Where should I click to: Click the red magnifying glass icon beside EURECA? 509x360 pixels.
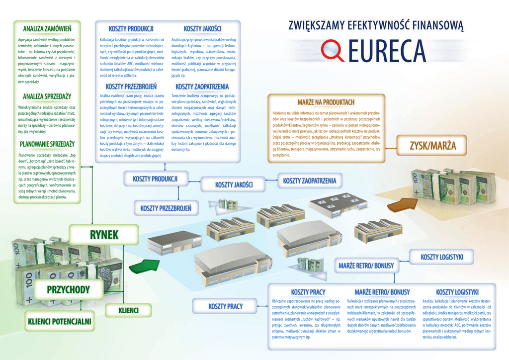click(332, 50)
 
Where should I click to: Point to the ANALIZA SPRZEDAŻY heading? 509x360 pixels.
click(47, 96)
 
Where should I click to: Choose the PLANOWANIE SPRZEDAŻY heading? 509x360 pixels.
click(47, 144)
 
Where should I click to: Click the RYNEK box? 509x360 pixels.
click(104, 234)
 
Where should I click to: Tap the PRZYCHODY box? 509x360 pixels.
click(68, 289)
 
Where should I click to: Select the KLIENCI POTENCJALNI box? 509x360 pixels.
click(60, 321)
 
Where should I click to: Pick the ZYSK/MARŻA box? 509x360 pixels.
click(432, 146)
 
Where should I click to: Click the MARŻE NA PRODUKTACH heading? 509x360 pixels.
click(326, 102)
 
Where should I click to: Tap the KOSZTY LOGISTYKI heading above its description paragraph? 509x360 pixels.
click(457, 292)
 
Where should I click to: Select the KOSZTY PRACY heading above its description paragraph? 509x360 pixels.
click(308, 292)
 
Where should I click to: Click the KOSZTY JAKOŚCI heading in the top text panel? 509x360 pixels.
click(202, 28)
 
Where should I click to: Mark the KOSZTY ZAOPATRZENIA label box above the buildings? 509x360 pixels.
click(310, 180)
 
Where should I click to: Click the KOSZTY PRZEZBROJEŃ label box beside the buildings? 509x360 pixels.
click(166, 208)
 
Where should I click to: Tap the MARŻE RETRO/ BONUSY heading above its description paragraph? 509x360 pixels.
click(382, 292)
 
